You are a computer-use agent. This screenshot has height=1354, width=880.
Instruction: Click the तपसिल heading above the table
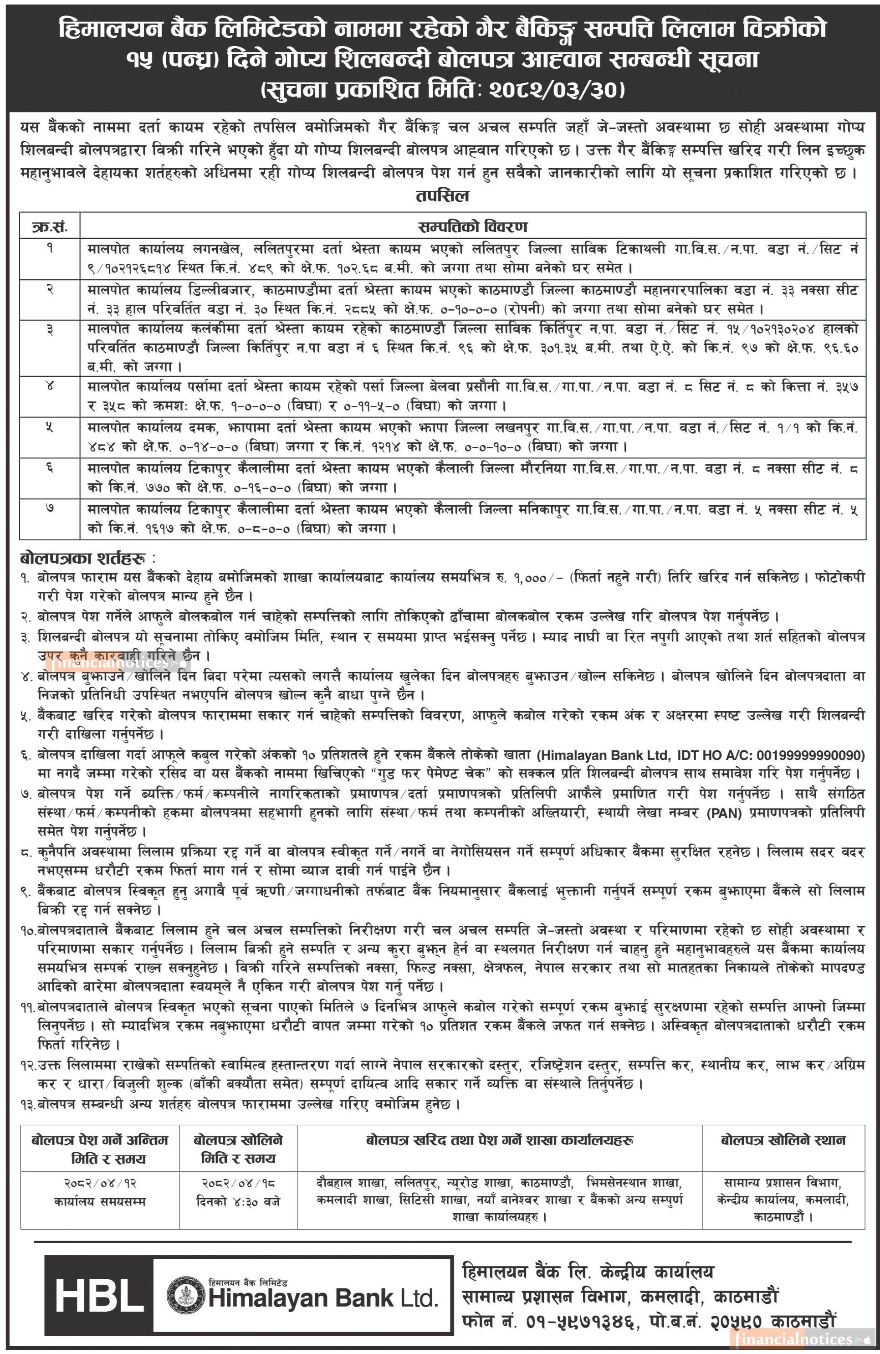[442, 196]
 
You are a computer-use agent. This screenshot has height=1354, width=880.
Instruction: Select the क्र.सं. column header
[50, 226]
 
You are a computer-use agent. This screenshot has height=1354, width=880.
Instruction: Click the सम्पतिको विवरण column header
[473, 226]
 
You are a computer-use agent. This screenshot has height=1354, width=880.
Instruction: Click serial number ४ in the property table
[50, 387]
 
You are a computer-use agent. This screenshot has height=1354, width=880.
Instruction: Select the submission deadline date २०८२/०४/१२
[100, 1183]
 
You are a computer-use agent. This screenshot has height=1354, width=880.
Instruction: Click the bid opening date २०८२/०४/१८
[238, 1183]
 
